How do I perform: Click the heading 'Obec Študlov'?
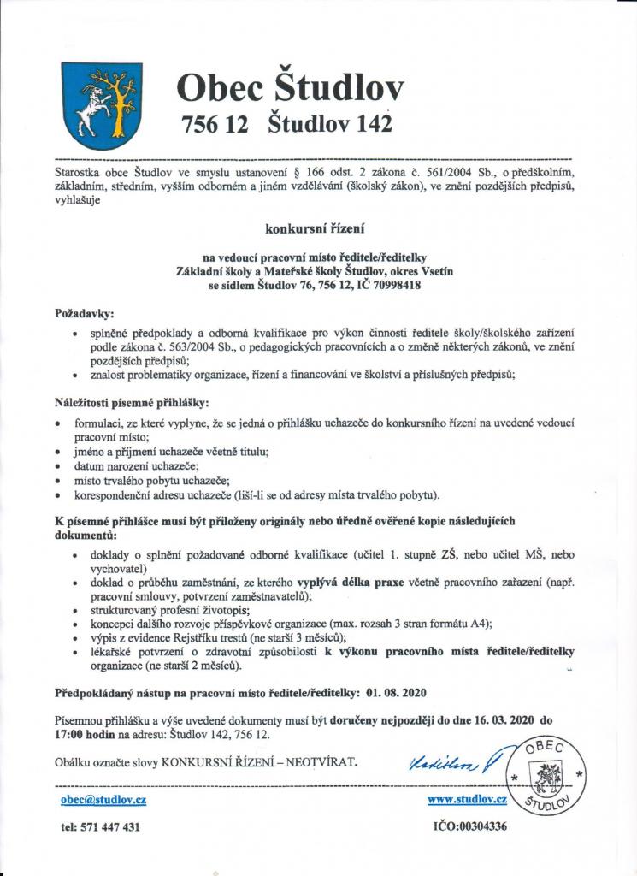tap(290, 88)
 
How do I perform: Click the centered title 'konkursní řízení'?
tap(317, 228)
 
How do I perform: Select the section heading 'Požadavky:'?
tap(84, 314)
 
